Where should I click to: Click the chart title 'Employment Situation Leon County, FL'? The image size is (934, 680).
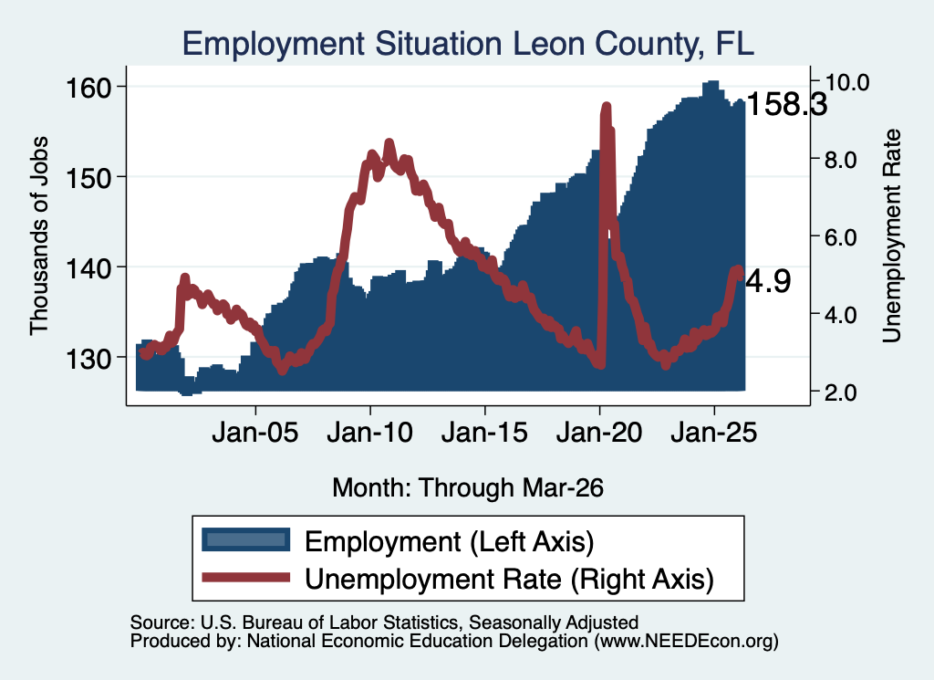pos(468,44)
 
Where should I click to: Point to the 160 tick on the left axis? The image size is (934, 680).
pos(88,89)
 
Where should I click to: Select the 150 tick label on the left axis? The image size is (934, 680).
pos(88,178)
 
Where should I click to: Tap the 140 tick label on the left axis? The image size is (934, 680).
pos(88,268)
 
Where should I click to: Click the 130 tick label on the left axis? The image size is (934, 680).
pos(88,359)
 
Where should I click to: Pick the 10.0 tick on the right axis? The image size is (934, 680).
pos(846,82)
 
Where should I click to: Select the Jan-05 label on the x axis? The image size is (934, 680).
pos(255,432)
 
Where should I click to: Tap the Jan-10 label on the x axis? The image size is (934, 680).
pos(370,432)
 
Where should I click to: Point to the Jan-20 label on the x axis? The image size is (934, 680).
pos(599,432)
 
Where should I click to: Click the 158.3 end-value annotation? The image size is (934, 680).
pos(786,104)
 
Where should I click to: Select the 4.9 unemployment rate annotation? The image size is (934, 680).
pos(768,281)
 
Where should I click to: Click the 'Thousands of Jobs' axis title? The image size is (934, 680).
pos(38,235)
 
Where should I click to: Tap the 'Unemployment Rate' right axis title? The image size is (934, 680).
pos(891,236)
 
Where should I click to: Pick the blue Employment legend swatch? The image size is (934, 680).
pos(246,540)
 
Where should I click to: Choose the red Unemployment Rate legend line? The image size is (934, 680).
pos(246,577)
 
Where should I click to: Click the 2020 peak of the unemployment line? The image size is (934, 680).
pos(607,108)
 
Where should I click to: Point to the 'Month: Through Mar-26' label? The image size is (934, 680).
pos(468,487)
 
